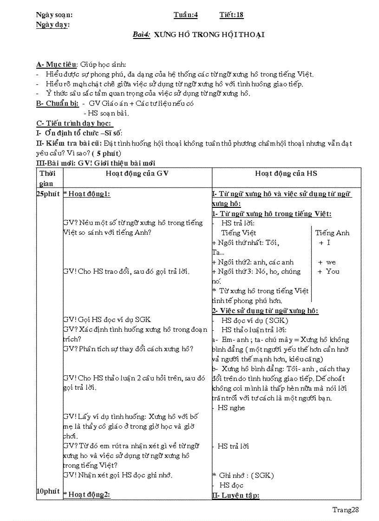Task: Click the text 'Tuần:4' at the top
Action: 186,15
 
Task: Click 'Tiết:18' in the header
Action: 231,15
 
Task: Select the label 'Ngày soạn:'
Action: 54,15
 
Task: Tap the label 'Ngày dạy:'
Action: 52,25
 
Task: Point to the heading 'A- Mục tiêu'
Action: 57,64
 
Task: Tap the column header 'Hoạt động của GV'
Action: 137,173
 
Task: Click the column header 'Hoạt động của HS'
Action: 286,173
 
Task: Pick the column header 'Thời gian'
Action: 48,178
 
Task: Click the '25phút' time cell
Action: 48,194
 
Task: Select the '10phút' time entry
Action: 48,491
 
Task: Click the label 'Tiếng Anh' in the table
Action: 332,233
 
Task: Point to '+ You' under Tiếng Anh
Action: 328,271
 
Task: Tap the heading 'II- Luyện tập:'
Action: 235,495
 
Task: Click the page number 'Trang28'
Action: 346,509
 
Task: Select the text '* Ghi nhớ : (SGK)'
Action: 243,475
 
